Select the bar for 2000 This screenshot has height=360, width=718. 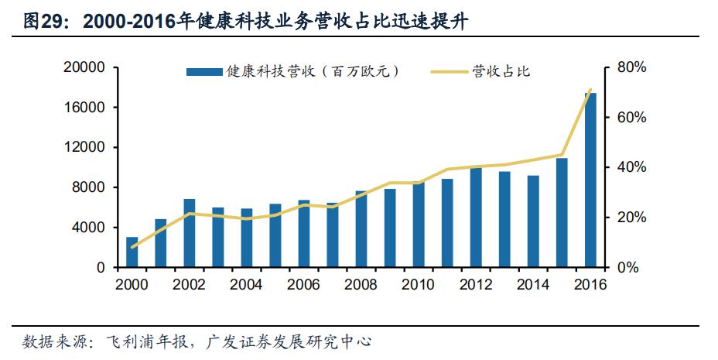(x=132, y=252)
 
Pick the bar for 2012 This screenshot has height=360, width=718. (x=476, y=218)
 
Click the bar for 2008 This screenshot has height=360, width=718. (x=361, y=229)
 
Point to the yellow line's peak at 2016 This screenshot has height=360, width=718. (x=590, y=90)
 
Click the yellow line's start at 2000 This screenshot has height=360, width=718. (x=132, y=248)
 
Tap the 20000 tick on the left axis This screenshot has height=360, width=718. (x=87, y=68)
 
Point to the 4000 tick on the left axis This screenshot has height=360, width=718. (x=91, y=228)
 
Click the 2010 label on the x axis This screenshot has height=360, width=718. (x=419, y=284)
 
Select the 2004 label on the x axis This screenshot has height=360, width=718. (x=247, y=284)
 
